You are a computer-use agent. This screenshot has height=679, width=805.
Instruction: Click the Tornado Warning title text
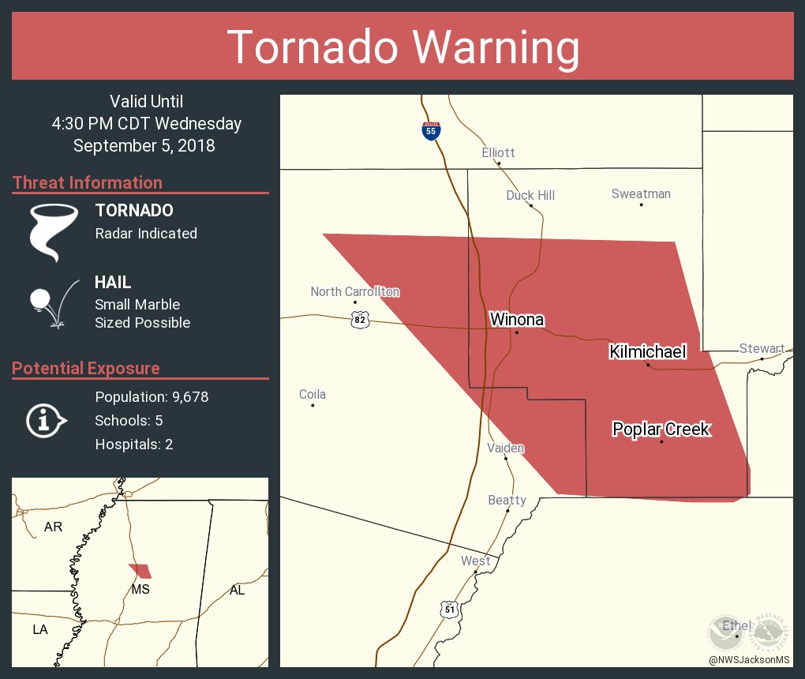tap(402, 47)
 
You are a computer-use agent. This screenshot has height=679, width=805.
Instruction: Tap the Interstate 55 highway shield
tap(430, 131)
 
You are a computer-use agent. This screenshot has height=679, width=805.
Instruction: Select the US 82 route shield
tap(360, 319)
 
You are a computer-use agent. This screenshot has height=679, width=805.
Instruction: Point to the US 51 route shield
tap(449, 610)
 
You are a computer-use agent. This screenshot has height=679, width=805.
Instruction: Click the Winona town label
tap(516, 320)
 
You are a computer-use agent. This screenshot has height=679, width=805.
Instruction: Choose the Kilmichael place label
tap(647, 352)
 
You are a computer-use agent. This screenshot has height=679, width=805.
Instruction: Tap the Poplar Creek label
tap(661, 430)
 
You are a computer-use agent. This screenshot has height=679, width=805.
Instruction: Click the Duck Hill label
tap(530, 195)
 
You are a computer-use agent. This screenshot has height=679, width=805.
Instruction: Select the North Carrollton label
tap(354, 291)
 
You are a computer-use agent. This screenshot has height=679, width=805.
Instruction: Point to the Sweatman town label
tap(641, 193)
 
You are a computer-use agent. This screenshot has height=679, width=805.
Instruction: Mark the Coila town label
tap(312, 395)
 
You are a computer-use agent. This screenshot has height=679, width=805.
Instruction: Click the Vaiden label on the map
tap(505, 448)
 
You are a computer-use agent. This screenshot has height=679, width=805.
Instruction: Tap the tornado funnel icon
tap(53, 232)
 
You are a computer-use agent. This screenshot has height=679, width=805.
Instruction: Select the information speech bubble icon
tap(45, 421)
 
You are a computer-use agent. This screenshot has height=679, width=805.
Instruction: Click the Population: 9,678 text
tap(152, 397)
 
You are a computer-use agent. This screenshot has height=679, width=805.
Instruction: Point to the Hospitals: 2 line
tap(134, 445)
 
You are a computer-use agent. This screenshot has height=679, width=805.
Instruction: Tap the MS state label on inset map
tap(140, 589)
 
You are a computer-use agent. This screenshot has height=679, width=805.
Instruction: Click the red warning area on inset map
tap(140, 571)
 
